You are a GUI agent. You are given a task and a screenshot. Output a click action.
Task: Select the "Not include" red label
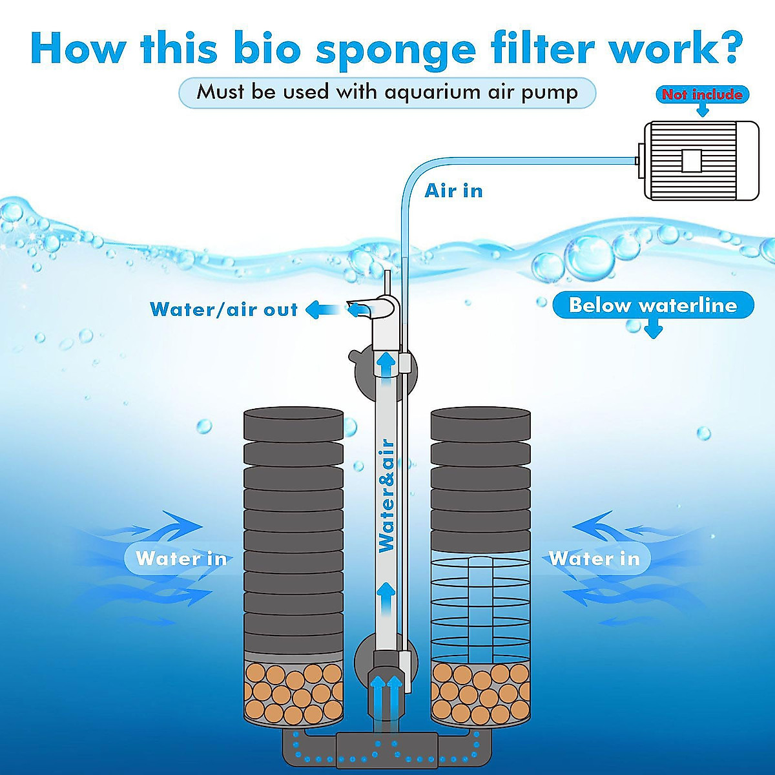click(701, 94)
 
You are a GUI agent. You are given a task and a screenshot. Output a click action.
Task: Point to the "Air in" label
click(453, 191)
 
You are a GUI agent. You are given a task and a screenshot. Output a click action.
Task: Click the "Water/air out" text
click(223, 309)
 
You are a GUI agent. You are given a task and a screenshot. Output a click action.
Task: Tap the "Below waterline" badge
click(653, 305)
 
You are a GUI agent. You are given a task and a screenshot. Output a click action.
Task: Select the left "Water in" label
click(181, 558)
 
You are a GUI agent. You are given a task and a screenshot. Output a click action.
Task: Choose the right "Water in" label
click(594, 558)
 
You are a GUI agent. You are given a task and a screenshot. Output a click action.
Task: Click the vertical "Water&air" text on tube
click(386, 496)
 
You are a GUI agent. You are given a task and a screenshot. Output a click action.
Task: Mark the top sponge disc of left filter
click(293, 423)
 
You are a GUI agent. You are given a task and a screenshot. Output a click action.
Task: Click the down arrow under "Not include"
click(702, 110)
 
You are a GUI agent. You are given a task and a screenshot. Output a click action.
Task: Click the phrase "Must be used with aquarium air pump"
click(387, 92)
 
